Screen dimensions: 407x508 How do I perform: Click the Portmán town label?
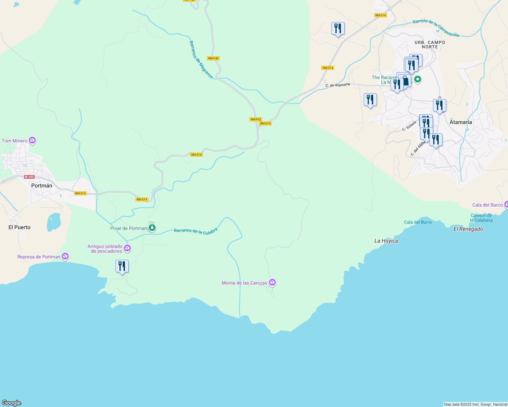click(x=41, y=186)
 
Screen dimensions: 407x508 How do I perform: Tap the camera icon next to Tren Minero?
click(x=32, y=140)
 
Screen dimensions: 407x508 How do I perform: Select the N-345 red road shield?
click(x=30, y=177)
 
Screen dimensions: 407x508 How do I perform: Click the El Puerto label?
click(x=19, y=227)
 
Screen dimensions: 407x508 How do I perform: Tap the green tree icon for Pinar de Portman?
click(x=152, y=228)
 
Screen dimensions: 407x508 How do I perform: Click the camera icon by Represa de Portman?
click(x=65, y=256)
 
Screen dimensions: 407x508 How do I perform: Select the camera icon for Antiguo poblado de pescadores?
click(x=127, y=248)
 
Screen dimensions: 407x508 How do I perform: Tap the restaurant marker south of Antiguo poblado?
click(x=122, y=266)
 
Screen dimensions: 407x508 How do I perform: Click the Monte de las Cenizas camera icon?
click(x=272, y=282)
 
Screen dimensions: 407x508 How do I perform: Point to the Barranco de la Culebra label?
click(x=196, y=231)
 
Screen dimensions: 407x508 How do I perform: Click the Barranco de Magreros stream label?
click(x=201, y=60)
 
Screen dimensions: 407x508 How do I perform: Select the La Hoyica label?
click(x=386, y=241)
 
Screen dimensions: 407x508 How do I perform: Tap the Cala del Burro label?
click(x=418, y=222)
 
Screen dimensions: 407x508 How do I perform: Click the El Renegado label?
click(x=468, y=229)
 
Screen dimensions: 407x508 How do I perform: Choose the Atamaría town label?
click(x=460, y=122)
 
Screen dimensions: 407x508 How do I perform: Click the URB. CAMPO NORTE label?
click(x=430, y=44)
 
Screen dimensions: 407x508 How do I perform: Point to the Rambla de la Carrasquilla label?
click(x=436, y=28)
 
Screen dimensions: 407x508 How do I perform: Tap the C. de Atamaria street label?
click(x=338, y=85)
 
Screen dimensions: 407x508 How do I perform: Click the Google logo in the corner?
click(x=12, y=403)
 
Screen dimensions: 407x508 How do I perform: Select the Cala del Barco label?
click(x=487, y=205)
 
